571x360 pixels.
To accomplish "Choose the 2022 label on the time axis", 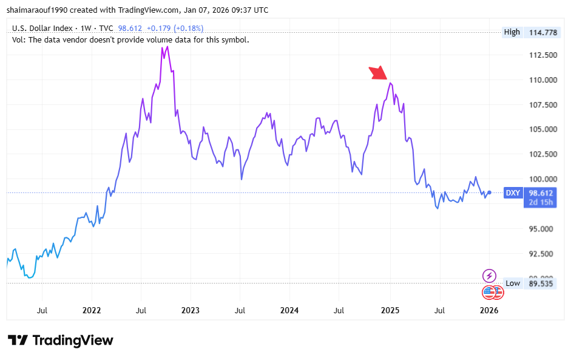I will [x=92, y=310].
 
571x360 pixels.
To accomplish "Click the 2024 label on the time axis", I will [x=289, y=310].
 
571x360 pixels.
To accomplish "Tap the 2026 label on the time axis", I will [x=489, y=310].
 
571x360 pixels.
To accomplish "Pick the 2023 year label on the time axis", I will [x=191, y=310].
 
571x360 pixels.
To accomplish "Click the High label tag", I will [x=512, y=32].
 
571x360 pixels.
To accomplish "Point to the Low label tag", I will [x=513, y=283].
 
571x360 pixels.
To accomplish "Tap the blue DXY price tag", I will [x=513, y=193].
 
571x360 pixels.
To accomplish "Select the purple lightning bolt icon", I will [x=489, y=276].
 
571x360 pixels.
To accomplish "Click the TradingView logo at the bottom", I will [x=61, y=340].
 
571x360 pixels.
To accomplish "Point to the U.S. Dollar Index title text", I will [x=43, y=28].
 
